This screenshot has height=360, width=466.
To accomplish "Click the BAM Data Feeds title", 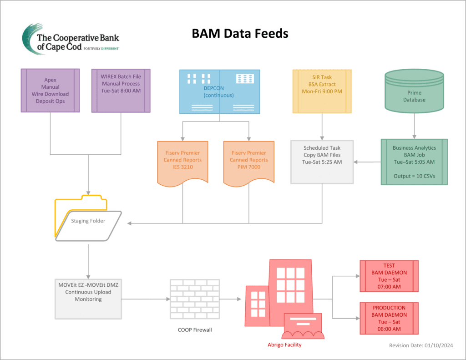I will [240, 33].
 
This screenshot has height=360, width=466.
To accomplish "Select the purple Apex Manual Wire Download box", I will [50, 90].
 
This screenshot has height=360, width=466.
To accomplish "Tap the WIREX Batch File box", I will [121, 90].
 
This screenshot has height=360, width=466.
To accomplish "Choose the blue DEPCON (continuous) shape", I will [219, 91].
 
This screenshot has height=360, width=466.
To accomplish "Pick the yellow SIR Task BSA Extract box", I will [322, 91].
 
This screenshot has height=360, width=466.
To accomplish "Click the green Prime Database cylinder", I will [414, 91].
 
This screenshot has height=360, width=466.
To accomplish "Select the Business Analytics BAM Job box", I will [414, 162].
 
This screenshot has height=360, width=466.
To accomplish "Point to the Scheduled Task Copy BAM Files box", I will [322, 162].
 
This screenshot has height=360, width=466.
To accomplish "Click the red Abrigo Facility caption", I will [284, 345].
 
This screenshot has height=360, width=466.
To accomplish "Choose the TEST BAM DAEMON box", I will [389, 276].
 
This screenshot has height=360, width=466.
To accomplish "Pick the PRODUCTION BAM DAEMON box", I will [389, 318].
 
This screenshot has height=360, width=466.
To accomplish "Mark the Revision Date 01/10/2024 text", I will [421, 345].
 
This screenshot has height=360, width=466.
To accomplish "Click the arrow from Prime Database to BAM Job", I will [414, 125].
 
